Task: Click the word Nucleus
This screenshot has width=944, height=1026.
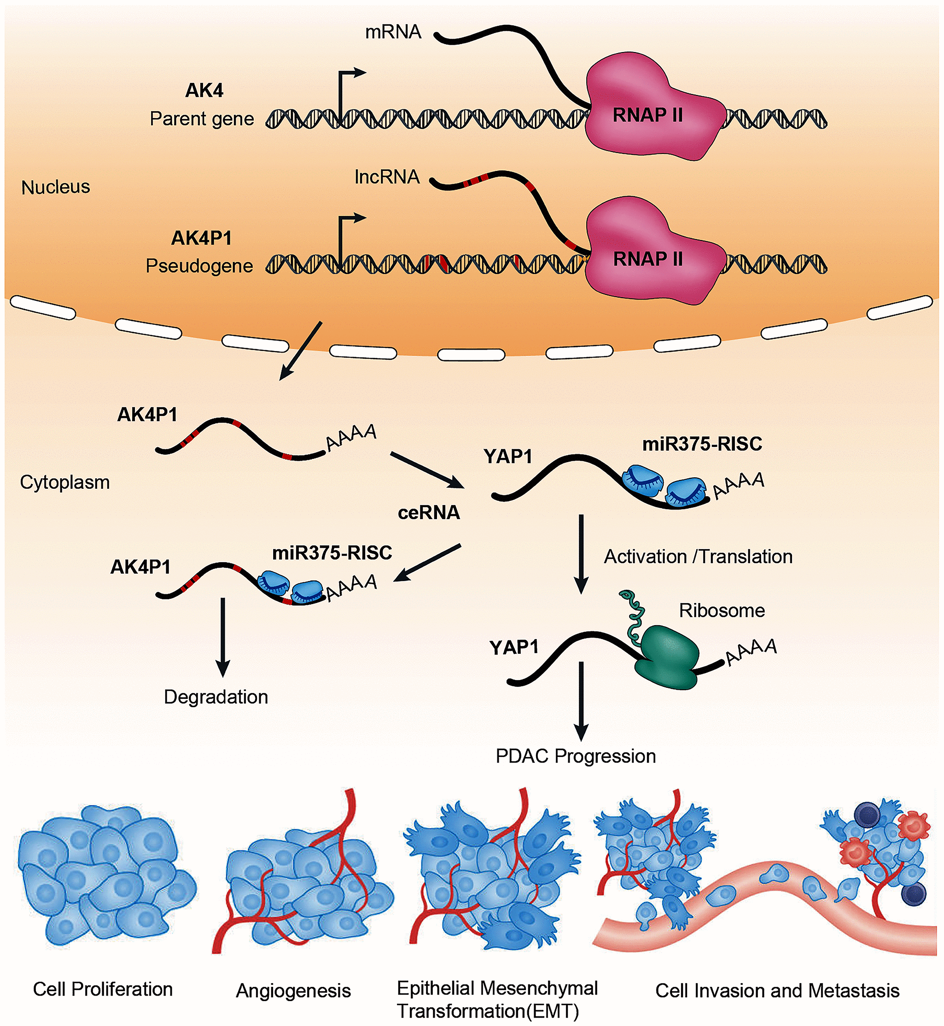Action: [56, 187]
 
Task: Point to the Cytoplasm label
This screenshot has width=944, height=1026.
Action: [65, 482]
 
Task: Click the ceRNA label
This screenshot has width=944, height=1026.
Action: [429, 512]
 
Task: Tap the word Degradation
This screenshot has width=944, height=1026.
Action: [216, 697]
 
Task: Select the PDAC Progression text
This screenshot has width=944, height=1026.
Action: [576, 756]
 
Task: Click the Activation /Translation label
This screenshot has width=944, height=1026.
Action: [698, 557]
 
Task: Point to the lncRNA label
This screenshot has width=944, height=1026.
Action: [387, 177]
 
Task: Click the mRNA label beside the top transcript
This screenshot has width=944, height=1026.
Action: [393, 32]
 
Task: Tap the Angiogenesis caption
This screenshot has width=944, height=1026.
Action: [293, 991]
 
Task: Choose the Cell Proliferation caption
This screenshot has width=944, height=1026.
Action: [103, 989]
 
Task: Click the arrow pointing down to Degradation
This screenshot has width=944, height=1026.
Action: [223, 636]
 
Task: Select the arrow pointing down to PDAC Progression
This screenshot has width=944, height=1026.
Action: [581, 700]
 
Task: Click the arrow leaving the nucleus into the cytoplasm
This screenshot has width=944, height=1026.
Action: [300, 351]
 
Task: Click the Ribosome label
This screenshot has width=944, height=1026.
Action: [722, 610]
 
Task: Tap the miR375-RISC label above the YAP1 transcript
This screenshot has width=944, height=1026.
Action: [702, 444]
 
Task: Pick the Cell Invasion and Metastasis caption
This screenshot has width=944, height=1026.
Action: [777, 991]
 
